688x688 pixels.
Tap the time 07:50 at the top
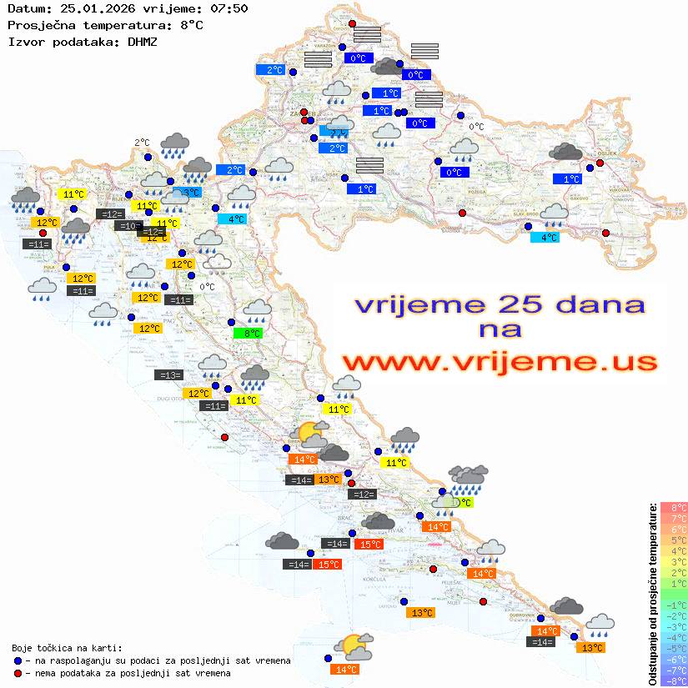click(x=229, y=9)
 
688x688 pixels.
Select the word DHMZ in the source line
click(x=139, y=41)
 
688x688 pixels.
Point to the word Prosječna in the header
click(x=38, y=25)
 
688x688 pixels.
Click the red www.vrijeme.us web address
click(x=499, y=362)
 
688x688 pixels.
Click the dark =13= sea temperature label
click(x=168, y=375)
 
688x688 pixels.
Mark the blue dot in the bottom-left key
click(x=18, y=660)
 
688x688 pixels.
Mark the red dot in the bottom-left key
click(x=18, y=673)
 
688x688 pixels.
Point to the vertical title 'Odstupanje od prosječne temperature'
click(x=651, y=594)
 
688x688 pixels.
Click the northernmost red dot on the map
click(x=352, y=24)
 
